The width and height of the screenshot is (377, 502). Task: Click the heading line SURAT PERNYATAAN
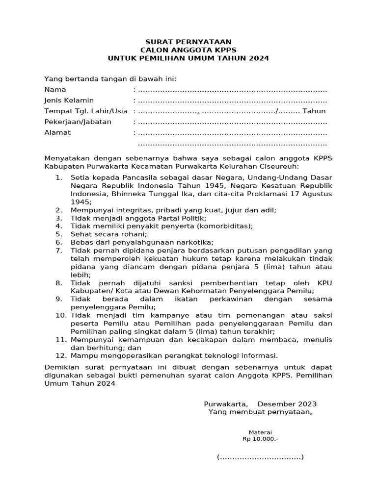pyautogui.click(x=188, y=42)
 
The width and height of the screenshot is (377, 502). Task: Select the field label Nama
pyautogui.click(x=55, y=90)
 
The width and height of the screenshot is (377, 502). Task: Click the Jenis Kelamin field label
pyautogui.click(x=69, y=100)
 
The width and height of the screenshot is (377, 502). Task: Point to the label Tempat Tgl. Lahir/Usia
pyautogui.click(x=86, y=111)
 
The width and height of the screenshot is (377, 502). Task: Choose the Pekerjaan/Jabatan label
pyautogui.click(x=78, y=122)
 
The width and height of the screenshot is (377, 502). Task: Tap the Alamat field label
pyautogui.click(x=57, y=132)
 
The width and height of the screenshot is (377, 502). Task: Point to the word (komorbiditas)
pyautogui.click(x=225, y=226)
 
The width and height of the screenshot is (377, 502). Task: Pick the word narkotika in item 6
pyautogui.click(x=196, y=242)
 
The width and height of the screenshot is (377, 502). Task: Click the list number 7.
pyautogui.click(x=58, y=251)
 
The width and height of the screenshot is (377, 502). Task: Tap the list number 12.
pyautogui.click(x=60, y=355)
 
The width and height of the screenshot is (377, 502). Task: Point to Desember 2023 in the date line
pyautogui.click(x=287, y=404)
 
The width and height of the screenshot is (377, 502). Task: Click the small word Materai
pyautogui.click(x=260, y=432)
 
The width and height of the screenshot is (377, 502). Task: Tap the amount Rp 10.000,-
pyautogui.click(x=260, y=439)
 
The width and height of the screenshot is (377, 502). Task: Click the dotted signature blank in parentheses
pyautogui.click(x=260, y=457)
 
